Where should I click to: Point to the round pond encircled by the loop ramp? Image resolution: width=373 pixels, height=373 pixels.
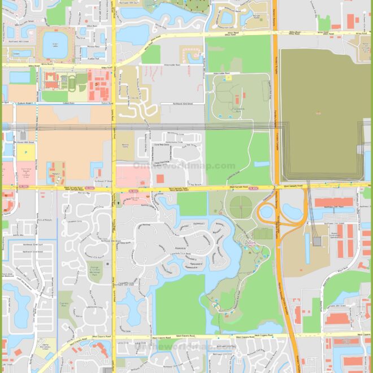pos(266,214)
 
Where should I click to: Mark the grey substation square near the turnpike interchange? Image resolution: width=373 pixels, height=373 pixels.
pos(317,241)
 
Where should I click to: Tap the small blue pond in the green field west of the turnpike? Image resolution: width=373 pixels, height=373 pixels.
pos(262,164)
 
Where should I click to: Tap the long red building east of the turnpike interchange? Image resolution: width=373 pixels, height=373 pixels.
pos(333,202)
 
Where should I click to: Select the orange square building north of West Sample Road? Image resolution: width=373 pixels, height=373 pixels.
pos(160,178)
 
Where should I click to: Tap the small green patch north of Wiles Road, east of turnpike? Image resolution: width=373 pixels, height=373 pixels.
pos(324,23)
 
